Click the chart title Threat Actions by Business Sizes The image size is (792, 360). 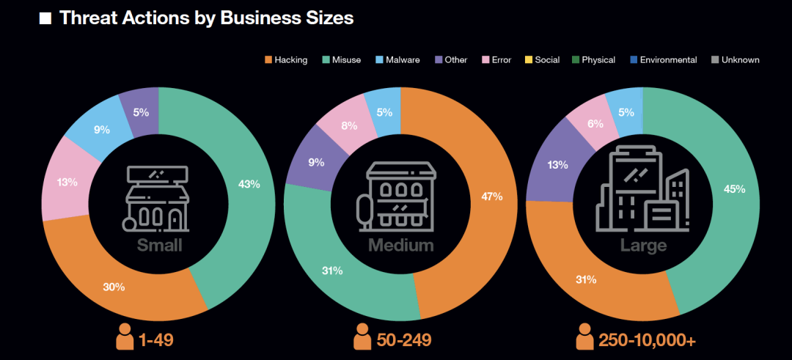coord(206,18)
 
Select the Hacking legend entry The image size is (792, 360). coord(290,59)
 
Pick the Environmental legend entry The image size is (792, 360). coord(668,59)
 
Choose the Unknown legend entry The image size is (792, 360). coord(739,59)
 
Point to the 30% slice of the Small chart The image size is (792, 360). coord(114,287)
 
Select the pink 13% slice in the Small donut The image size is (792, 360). coord(68,181)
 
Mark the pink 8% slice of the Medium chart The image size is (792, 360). coord(349,125)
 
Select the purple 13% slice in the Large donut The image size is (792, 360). coord(558,165)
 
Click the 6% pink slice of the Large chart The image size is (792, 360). coord(595,125)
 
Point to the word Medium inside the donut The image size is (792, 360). coord(401,244)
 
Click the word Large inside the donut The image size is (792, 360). coord(643,244)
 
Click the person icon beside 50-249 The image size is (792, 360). coord(362,338)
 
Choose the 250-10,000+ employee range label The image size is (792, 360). coord(645,340)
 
